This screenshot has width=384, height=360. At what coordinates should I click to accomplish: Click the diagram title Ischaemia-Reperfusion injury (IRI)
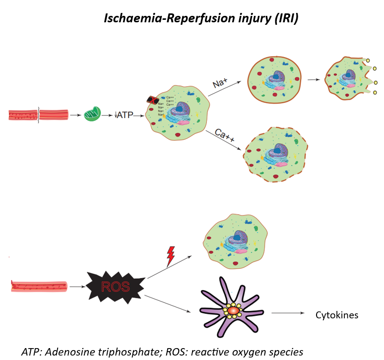201,18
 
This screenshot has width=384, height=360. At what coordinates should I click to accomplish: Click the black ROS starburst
115,287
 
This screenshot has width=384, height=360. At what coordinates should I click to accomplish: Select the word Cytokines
337,315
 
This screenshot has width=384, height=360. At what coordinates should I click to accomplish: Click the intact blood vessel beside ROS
37,286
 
